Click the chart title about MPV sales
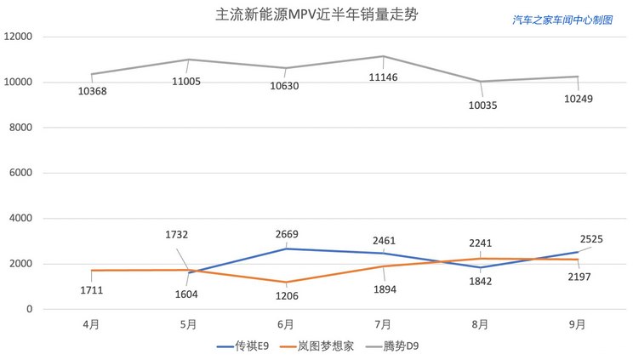pyautogui.click(x=316, y=15)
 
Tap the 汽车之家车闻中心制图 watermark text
pyautogui.click(x=562, y=20)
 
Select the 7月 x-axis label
pyautogui.click(x=383, y=324)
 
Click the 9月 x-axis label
pyautogui.click(x=578, y=324)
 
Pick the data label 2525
pyautogui.click(x=591, y=239)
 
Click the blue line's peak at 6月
pyautogui.click(x=286, y=249)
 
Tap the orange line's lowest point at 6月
pyautogui.click(x=286, y=282)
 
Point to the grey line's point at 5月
pyautogui.click(x=189, y=60)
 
